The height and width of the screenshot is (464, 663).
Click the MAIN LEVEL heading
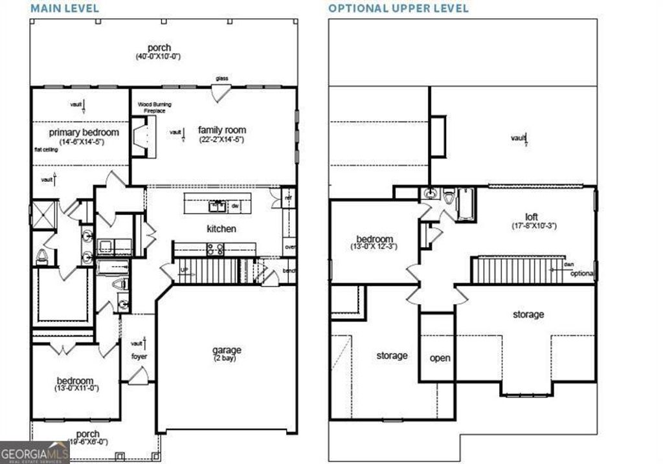click(64, 8)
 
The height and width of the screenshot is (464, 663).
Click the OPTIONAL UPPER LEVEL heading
click(398, 8)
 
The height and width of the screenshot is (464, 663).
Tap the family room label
click(221, 130)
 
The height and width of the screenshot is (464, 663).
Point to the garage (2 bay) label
click(227, 351)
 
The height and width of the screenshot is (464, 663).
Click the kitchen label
click(221, 228)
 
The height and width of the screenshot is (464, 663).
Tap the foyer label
click(139, 356)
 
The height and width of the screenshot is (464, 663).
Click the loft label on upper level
click(531, 217)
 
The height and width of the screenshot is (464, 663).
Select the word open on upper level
click(440, 358)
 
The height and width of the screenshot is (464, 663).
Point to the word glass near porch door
click(222, 79)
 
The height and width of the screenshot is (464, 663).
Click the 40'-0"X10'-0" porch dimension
click(158, 57)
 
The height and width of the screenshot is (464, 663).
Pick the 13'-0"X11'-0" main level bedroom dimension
click(76, 389)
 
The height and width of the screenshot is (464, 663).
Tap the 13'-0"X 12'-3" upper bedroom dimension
click(374, 247)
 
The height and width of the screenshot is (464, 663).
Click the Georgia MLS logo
click(34, 452)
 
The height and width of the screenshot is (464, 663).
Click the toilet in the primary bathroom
click(42, 255)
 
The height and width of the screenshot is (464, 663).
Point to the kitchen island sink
click(216, 206)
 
